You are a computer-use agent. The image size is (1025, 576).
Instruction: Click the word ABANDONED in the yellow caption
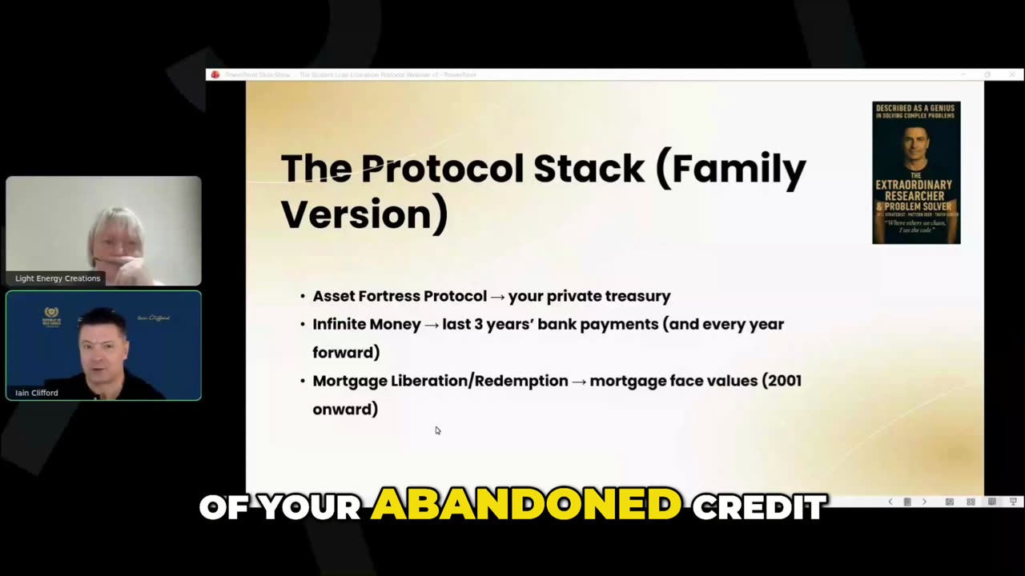[x=526, y=506]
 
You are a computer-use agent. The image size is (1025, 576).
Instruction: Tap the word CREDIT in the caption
[x=758, y=506]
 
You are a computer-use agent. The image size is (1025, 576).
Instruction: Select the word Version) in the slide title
[x=364, y=214]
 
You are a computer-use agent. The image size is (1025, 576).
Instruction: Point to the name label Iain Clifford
[x=37, y=393]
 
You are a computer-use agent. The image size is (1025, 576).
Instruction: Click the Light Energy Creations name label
[x=58, y=278]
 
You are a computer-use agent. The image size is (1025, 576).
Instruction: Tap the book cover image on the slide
[x=916, y=172]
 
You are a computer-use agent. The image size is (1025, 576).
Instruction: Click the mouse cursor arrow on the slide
[x=437, y=430]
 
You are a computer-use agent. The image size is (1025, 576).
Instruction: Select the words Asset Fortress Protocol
[x=399, y=296]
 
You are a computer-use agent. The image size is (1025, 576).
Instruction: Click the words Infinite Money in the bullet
[x=367, y=324]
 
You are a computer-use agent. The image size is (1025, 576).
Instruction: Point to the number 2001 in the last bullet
[x=782, y=381]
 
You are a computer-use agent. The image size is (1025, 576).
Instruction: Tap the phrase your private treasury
[x=589, y=296]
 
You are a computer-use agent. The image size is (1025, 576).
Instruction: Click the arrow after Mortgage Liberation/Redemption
[x=579, y=382]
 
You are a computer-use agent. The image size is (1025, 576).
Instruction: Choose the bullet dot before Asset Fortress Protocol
[x=303, y=297]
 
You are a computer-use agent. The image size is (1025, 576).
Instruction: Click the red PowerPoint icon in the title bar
[x=215, y=74]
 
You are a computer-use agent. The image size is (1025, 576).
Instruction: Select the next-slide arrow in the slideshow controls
[x=924, y=502]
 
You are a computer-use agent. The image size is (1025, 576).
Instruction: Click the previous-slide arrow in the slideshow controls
[x=890, y=502]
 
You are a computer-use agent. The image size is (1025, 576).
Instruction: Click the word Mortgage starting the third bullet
[x=349, y=381]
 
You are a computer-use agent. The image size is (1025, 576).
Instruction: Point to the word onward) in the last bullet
[x=345, y=409]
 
